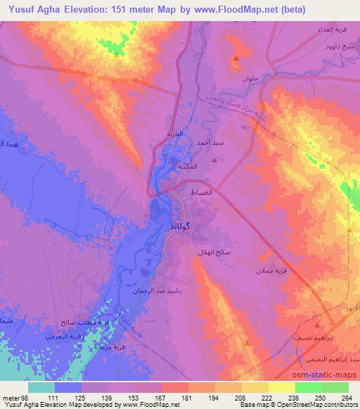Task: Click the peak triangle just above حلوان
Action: [x=237, y=58]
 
